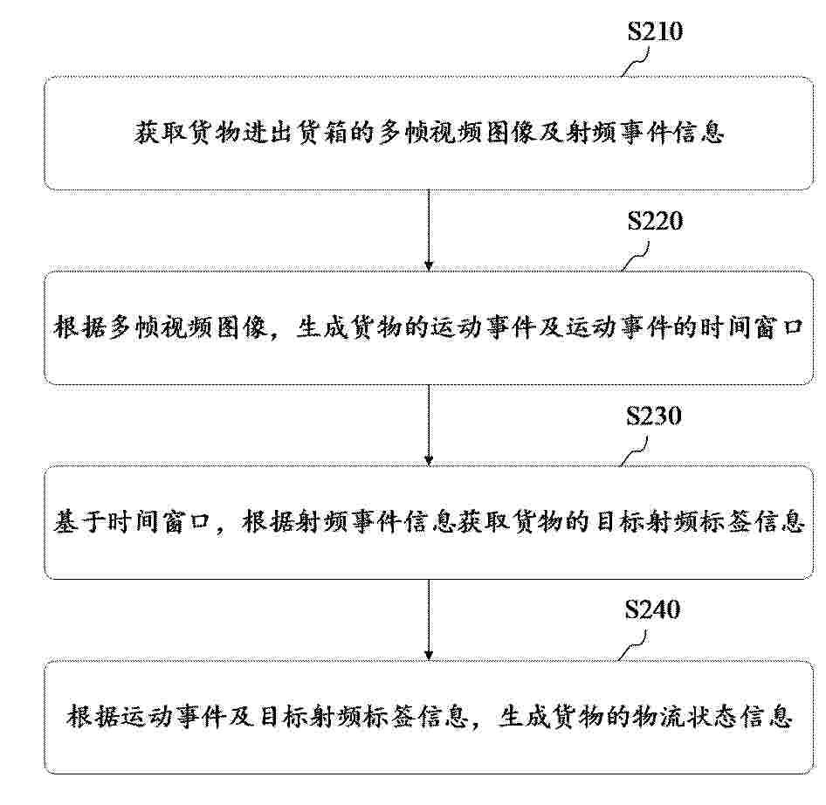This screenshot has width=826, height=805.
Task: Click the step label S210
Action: pyautogui.click(x=655, y=31)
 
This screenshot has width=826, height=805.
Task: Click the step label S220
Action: pyautogui.click(x=655, y=221)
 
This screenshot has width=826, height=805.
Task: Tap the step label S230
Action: pyautogui.click(x=654, y=416)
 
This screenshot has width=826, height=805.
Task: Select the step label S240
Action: pyautogui.click(x=653, y=609)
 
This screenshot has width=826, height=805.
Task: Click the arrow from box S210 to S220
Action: pyautogui.click(x=429, y=230)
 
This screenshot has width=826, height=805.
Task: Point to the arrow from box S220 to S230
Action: pyautogui.click(x=429, y=425)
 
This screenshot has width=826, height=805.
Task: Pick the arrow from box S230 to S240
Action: pyautogui.click(x=429, y=620)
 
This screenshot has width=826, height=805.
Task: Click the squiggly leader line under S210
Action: pyautogui.click(x=636, y=62)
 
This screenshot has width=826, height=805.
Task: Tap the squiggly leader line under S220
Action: pyautogui.click(x=636, y=257)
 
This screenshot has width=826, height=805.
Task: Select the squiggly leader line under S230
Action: pyautogui.click(x=634, y=451)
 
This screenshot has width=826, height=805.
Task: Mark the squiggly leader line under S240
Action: pyautogui.click(x=633, y=646)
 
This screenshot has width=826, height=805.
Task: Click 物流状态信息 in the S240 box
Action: pyautogui.click(x=712, y=717)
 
